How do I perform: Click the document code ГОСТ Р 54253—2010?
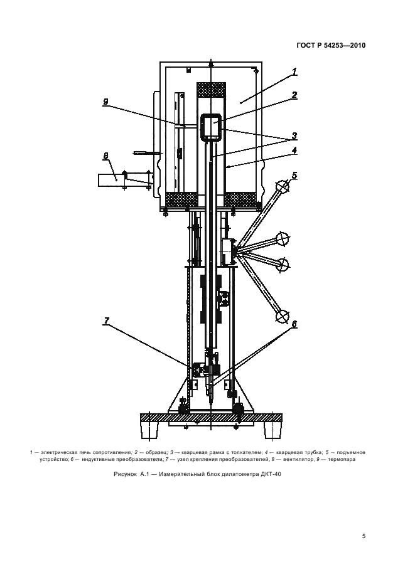click(x=331, y=46)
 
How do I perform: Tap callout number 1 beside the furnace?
click(x=294, y=72)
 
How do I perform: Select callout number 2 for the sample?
click(x=294, y=94)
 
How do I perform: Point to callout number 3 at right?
click(x=294, y=135)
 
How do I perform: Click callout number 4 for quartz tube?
click(x=294, y=151)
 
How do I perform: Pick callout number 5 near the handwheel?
click(x=294, y=175)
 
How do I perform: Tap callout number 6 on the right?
click(x=294, y=324)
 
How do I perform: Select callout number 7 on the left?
click(x=107, y=321)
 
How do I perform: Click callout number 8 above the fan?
click(x=105, y=155)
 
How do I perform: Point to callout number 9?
click(x=105, y=102)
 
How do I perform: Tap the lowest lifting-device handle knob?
click(x=283, y=316)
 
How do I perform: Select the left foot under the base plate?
click(x=149, y=430)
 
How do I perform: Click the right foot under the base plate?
click(x=273, y=430)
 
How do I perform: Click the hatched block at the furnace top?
click(x=211, y=90)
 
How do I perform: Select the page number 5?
click(x=364, y=536)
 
